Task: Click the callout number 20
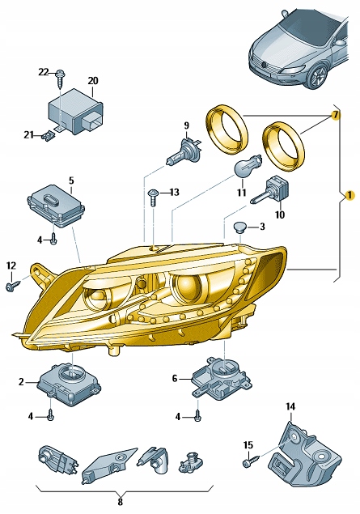[x=92, y=81]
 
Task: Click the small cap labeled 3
[x=238, y=225]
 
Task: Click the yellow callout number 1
[x=349, y=195]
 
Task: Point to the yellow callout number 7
[x=332, y=117]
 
